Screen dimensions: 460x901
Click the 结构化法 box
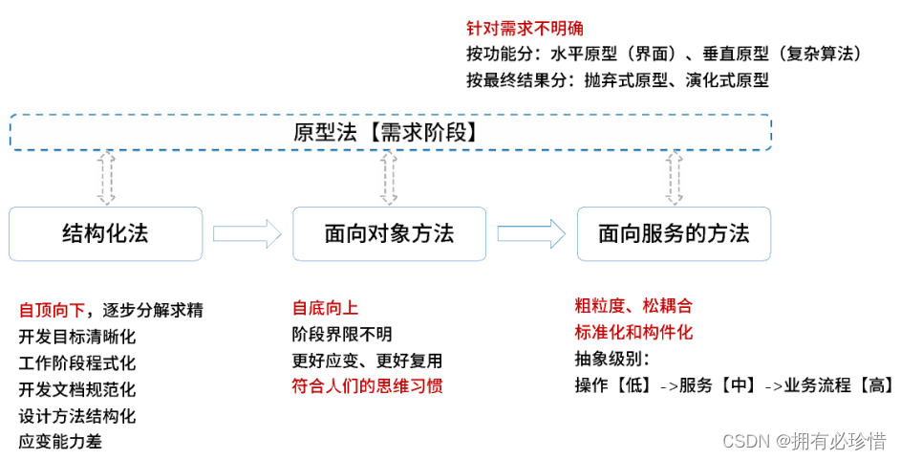tap(105, 233)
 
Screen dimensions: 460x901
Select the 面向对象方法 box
tap(388, 233)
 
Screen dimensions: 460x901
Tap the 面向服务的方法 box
tap(674, 233)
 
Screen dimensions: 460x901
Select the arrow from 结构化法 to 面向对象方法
tap(247, 233)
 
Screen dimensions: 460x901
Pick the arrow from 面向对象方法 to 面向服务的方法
tap(531, 233)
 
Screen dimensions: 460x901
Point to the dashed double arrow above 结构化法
tap(107, 179)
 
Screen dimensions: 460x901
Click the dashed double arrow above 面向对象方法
tap(388, 179)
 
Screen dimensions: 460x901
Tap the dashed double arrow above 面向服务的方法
tap(675, 179)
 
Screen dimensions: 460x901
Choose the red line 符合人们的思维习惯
tap(368, 387)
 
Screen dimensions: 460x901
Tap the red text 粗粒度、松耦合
tap(633, 306)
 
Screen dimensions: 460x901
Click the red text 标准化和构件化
tap(633, 333)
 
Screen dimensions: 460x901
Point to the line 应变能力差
tap(60, 441)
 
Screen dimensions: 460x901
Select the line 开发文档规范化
tap(77, 389)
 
